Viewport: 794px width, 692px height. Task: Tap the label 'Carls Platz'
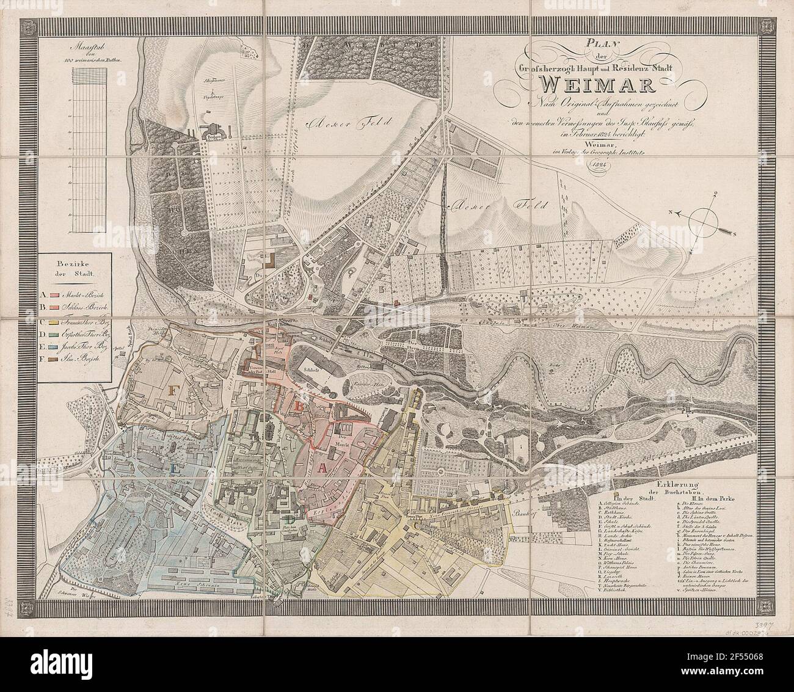click(235, 508)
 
